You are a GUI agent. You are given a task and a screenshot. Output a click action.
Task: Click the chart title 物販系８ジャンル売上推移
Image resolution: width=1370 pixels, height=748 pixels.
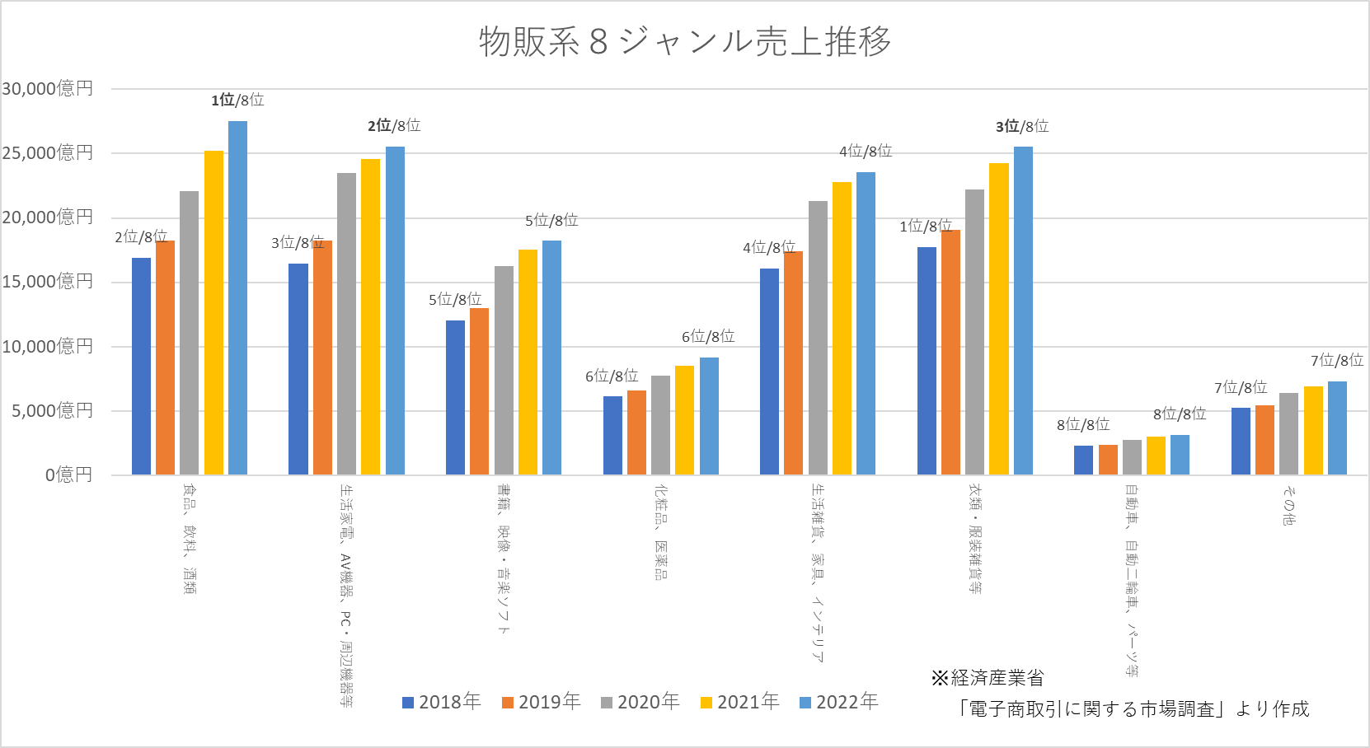[x=685, y=41]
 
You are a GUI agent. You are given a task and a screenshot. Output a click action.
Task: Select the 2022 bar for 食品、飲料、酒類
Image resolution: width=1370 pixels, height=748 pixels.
[x=237, y=297]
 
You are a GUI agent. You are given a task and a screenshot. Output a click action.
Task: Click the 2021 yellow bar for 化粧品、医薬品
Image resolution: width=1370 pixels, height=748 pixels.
[x=684, y=420]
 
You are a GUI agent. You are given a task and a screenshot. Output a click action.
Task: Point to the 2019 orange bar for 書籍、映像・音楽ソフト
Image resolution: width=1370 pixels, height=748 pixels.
[x=479, y=391]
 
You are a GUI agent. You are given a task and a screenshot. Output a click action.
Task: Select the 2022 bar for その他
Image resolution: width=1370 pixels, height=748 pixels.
[x=1337, y=428]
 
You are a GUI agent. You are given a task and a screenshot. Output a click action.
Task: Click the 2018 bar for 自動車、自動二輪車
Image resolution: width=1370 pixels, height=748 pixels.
[x=1083, y=460]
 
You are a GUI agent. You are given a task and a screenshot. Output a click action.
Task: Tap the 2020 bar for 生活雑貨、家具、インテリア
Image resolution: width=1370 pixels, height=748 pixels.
[x=818, y=338]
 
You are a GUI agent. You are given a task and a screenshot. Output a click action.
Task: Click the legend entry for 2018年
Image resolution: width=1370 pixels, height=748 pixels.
[x=441, y=702]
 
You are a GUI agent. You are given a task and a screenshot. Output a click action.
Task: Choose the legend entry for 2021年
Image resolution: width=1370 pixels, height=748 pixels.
[x=739, y=702]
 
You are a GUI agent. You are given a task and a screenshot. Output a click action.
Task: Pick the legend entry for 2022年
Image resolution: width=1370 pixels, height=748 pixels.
[x=838, y=702]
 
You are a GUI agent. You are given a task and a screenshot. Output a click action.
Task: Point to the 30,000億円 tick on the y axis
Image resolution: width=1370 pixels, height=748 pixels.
[x=48, y=89]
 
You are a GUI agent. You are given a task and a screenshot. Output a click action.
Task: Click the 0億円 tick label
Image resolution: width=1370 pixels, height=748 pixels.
[x=69, y=475]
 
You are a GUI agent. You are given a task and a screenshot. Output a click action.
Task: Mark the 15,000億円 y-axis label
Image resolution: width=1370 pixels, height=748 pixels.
[x=48, y=282]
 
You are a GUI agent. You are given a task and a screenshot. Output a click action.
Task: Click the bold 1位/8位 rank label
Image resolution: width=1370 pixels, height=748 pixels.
[x=237, y=101]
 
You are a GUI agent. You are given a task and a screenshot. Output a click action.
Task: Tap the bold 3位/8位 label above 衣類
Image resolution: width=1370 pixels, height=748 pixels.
[x=1022, y=126]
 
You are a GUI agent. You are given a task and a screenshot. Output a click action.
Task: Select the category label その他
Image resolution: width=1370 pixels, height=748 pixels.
[x=1288, y=505]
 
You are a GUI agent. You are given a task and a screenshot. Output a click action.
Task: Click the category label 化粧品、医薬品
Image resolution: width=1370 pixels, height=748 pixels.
[x=660, y=532]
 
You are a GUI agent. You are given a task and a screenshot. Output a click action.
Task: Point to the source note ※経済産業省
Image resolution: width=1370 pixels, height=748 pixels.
[x=988, y=678]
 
